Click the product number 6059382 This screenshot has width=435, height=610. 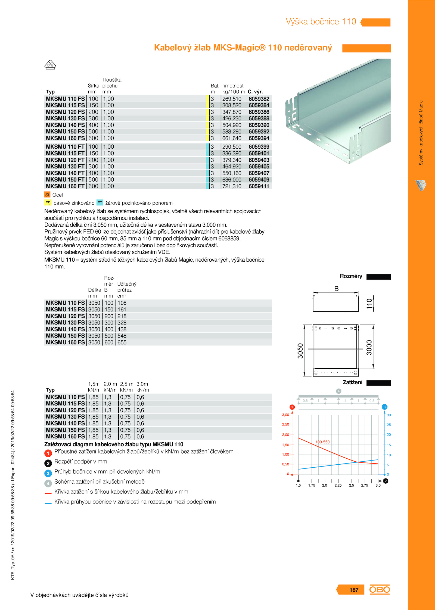click(x=259, y=99)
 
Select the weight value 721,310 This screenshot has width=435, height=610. click(x=232, y=186)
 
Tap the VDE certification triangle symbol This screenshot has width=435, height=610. click(x=50, y=65)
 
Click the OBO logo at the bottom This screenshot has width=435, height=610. click(x=380, y=589)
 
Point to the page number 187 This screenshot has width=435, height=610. click(x=354, y=590)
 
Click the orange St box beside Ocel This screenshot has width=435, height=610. click(x=47, y=195)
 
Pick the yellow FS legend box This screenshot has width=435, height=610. click(x=48, y=203)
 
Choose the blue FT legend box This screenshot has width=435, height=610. click(x=100, y=203)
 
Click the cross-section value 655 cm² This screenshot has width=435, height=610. click(x=122, y=343)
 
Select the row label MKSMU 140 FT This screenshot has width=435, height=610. click(x=65, y=173)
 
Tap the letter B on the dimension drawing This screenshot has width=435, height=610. click(x=336, y=289)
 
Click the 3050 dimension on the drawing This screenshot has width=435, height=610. click(x=300, y=351)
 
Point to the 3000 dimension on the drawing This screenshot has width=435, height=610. click(x=369, y=348)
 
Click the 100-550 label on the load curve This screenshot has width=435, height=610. click(x=322, y=442)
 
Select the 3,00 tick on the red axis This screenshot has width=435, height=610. click(x=285, y=415)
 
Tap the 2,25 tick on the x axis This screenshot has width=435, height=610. click(x=338, y=486)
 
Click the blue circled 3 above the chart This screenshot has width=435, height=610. click(x=384, y=407)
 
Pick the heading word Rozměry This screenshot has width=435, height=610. click(x=351, y=276)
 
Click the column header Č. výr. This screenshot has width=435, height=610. click(x=255, y=92)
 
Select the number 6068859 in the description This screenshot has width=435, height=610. click(x=229, y=239)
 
